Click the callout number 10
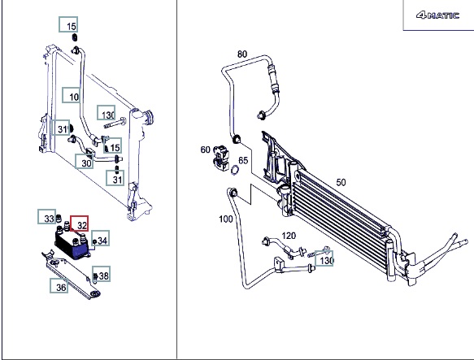[74, 97]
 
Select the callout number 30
[86, 163]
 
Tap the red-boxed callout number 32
[82, 225]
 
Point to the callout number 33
[49, 219]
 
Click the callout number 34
[102, 241]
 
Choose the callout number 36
[61, 288]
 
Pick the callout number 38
[103, 275]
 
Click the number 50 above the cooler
[341, 183]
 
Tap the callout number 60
[205, 150]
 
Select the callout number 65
[243, 160]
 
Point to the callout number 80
[242, 54]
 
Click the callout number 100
[225, 219]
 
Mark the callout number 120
[289, 236]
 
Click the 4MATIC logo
[437, 15]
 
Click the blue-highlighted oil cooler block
[72, 244]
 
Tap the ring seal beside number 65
[235, 171]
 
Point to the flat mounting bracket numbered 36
[72, 274]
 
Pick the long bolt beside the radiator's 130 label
[115, 123]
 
